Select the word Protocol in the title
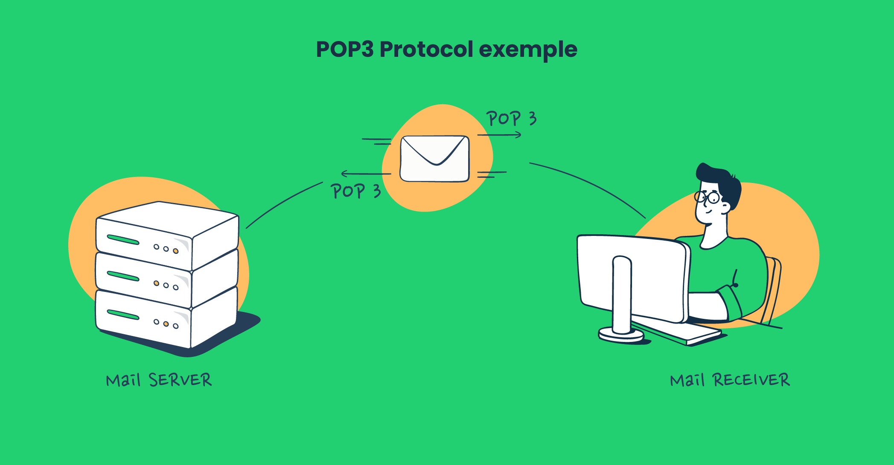[426, 50]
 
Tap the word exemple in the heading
[528, 50]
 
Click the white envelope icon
[434, 159]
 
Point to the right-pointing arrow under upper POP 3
[499, 135]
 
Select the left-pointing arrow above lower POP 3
[366, 174]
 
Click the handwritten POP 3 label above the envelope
[511, 118]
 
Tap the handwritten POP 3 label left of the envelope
[355, 191]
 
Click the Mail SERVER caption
[159, 380]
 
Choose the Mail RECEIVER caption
[730, 380]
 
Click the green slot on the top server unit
[123, 240]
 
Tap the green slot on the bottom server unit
[123, 315]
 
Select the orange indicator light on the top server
[175, 251]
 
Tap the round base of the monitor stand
[621, 334]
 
